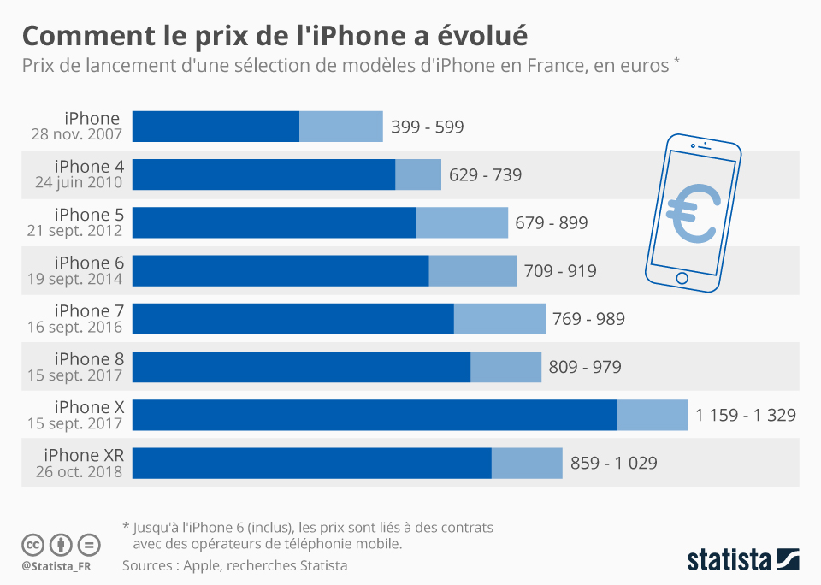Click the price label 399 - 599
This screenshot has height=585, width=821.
coord(427,127)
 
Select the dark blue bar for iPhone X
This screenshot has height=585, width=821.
coord(374,415)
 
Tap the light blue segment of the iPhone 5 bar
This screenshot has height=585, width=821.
coord(462,222)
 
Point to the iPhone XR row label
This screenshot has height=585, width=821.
coord(90,455)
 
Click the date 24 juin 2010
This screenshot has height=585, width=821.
coord(79,182)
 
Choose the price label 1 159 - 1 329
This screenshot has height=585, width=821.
coord(745,415)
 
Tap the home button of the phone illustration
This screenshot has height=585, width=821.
coord(682,278)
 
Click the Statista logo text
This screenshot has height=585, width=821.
coord(729,560)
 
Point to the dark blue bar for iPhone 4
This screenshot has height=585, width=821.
coord(263,174)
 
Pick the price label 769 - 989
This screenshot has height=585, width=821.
coord(588,319)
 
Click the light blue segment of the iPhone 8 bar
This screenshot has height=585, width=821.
coord(505,367)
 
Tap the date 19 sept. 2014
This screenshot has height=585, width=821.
coord(79,278)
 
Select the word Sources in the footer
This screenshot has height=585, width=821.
coord(149,565)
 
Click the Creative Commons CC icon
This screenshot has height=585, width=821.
coord(32,544)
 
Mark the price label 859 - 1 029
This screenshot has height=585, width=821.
coord(613,463)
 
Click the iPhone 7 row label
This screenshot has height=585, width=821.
coord(90,310)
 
